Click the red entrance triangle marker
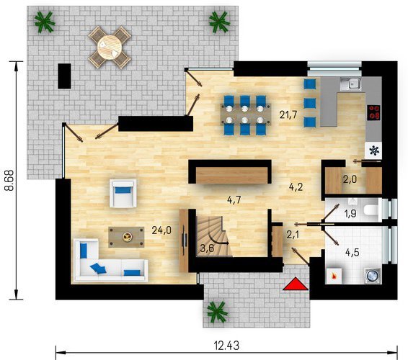pyautogui.click(x=296, y=284)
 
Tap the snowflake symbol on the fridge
pyautogui.click(x=374, y=150)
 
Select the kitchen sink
pyautogui.click(x=351, y=84)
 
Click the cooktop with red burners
pyautogui.click(x=373, y=112)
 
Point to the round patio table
pyautogui.click(x=110, y=47)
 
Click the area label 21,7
pyautogui.click(x=288, y=114)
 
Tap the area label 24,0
pyautogui.click(x=161, y=230)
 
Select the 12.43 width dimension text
pyautogui.click(x=226, y=346)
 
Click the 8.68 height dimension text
pyautogui.click(x=9, y=181)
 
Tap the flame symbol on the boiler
pyautogui.click(x=333, y=275)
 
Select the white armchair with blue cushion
pyautogui.click(x=123, y=193)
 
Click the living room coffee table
pyautogui.click(x=126, y=237)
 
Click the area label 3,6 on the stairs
pyautogui.click(x=207, y=248)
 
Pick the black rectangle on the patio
pyautogui.click(x=64, y=76)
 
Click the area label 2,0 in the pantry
pyautogui.click(x=350, y=179)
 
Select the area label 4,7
pyautogui.click(x=234, y=200)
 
